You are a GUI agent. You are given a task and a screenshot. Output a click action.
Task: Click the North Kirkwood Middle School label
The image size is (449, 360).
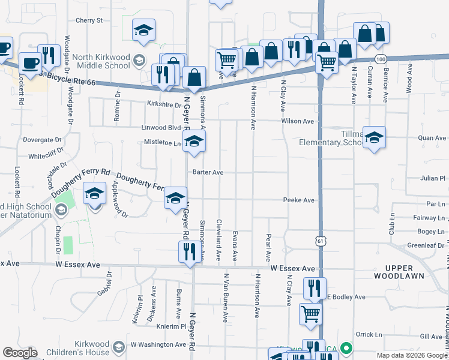[101, 62]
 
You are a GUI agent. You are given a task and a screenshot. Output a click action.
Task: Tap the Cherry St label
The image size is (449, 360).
[89, 20]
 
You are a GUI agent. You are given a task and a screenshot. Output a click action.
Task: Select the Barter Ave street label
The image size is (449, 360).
[208, 172]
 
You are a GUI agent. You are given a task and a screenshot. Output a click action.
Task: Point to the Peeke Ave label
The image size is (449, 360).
[299, 200]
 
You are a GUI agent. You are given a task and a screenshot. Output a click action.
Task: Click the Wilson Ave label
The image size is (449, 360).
[298, 121]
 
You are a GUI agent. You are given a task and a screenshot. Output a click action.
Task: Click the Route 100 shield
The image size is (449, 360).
[380, 59]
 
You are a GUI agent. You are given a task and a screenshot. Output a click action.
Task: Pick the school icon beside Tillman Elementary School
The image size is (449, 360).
[374, 139]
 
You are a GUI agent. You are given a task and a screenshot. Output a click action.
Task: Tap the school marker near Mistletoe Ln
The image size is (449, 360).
[194, 142]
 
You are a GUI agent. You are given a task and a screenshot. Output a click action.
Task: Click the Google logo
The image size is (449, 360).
[20, 353]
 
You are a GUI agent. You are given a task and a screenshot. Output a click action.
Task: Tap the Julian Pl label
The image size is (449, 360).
[433, 178]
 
